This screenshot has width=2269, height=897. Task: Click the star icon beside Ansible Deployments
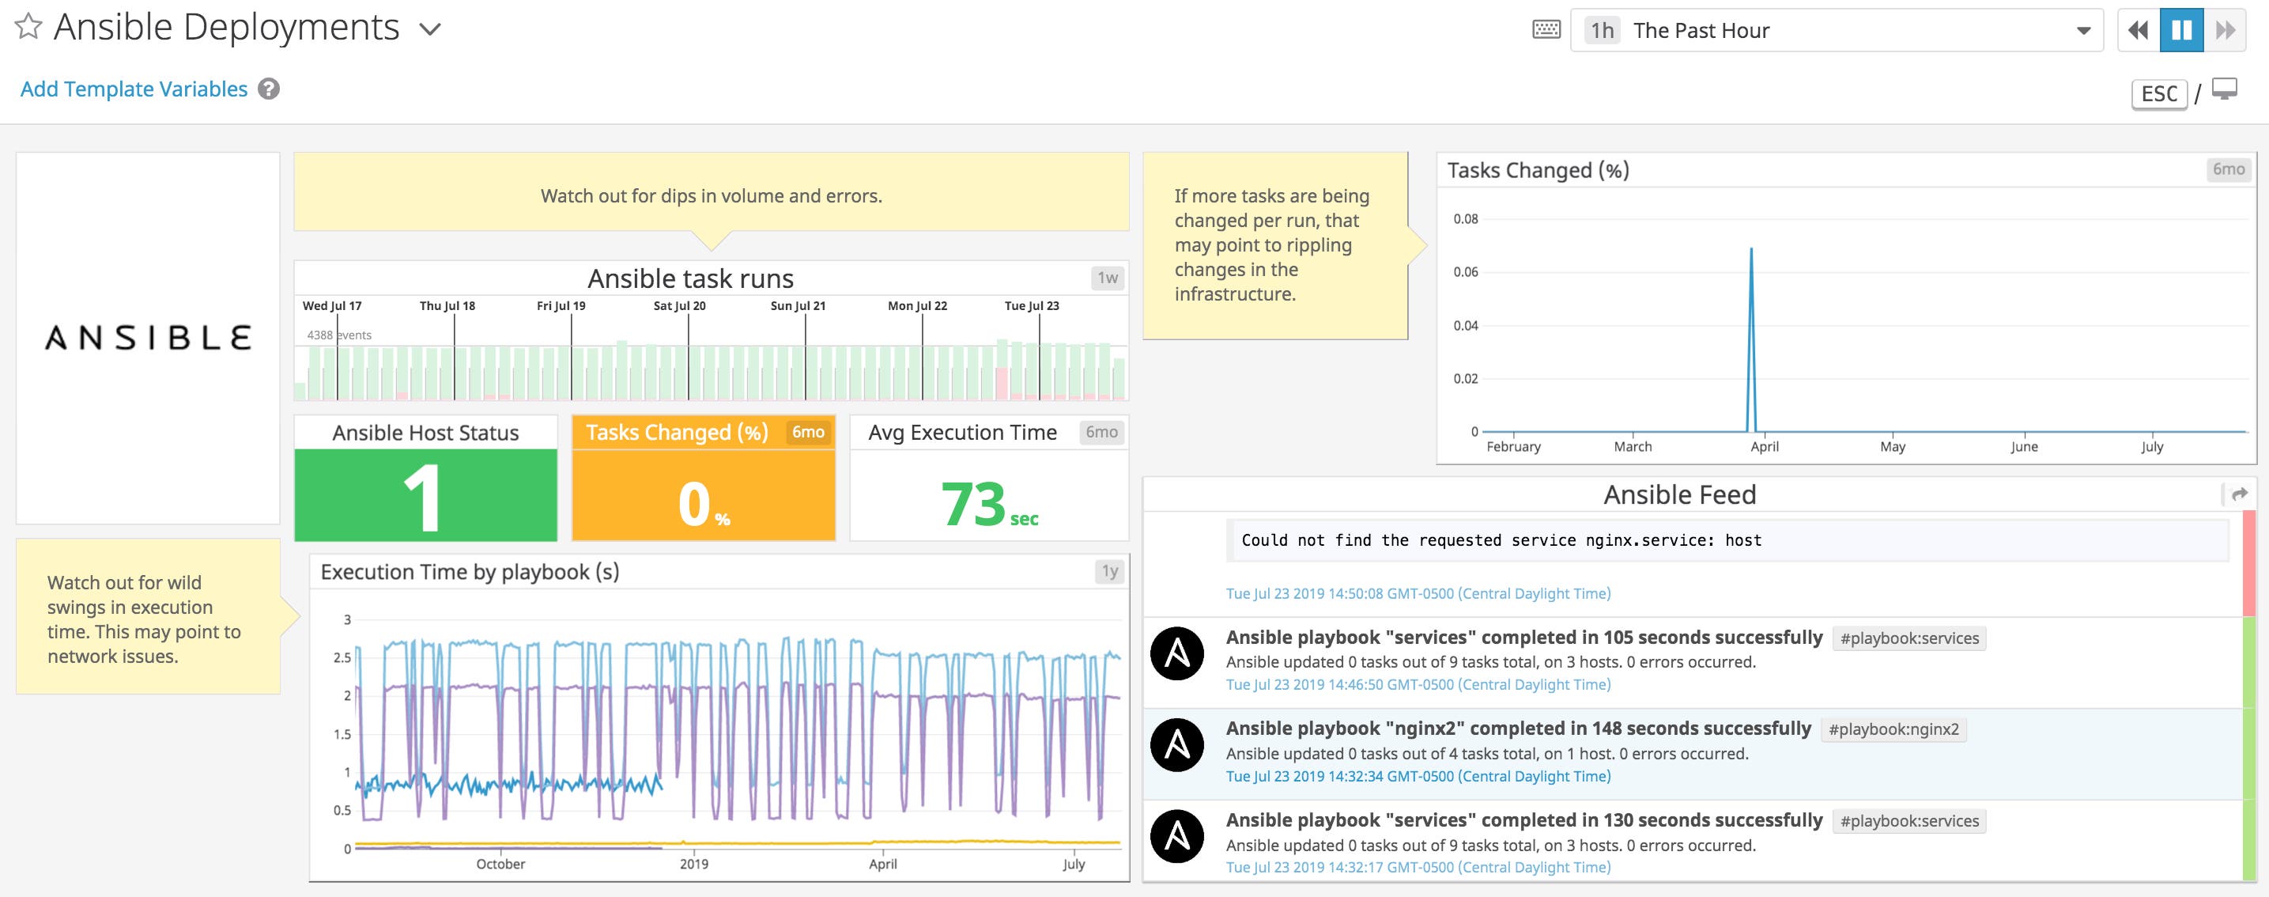[28, 28]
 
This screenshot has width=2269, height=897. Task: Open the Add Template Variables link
[134, 89]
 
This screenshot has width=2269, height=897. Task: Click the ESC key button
[2159, 93]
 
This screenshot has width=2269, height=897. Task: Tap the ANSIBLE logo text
[148, 338]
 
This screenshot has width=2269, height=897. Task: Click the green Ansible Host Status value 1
[425, 496]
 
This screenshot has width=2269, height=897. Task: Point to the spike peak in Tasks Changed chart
[1751, 249]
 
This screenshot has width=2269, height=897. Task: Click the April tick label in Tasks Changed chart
[1765, 447]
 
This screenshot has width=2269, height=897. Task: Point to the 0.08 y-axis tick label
[1466, 218]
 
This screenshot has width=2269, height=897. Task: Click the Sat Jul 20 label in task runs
[679, 306]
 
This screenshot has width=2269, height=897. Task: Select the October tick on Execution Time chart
[500, 865]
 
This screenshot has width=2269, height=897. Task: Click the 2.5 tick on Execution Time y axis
[342, 657]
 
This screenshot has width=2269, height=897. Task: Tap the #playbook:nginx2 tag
[1893, 729]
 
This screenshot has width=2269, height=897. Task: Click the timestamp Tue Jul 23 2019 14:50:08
[1418, 594]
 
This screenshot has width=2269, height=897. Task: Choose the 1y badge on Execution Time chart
[1110, 571]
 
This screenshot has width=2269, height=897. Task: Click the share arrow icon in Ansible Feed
[2240, 494]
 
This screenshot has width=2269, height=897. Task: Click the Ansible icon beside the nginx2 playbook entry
[1176, 745]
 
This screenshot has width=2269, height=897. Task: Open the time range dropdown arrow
[2083, 31]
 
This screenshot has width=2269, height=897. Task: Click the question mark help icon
[269, 89]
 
